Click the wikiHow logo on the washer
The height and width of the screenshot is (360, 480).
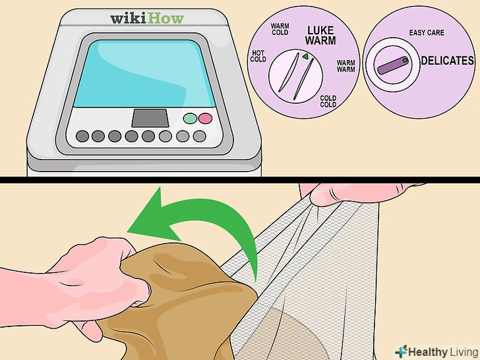tap(147, 18)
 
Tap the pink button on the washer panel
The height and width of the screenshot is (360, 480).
tap(205, 119)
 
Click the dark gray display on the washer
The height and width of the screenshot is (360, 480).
tap(150, 118)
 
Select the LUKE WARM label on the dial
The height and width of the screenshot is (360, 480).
tap(320, 36)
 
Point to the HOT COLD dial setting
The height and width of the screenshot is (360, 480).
tap(258, 56)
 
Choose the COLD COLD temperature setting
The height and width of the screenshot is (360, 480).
tap(328, 102)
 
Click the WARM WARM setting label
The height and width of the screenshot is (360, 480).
tap(346, 66)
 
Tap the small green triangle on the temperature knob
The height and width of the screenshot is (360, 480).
tap(305, 56)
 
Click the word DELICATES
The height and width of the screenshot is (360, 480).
tap(447, 61)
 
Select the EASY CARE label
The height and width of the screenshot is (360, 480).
tap(427, 33)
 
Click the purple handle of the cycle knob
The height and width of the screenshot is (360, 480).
tap(393, 65)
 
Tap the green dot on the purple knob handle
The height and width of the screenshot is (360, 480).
tap(405, 61)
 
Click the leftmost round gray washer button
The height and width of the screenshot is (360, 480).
tap(82, 136)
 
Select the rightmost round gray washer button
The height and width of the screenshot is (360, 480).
tap(200, 136)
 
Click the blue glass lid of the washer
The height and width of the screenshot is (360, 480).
tap(144, 73)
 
